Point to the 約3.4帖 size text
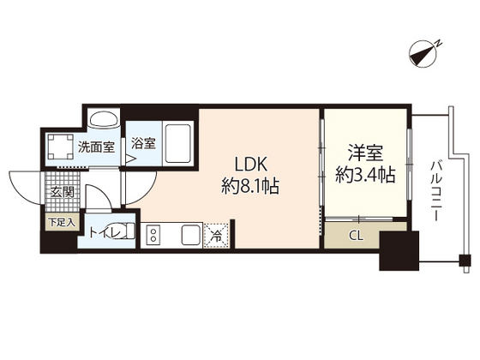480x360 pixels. coord(364,176)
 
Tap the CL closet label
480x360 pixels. coord(354,234)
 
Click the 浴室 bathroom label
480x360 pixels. coord(144,144)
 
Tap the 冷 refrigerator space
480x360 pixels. coord(216,234)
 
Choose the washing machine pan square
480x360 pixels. coord(58,146)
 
